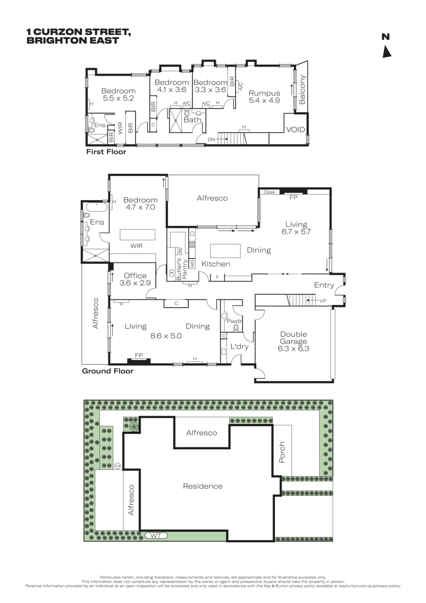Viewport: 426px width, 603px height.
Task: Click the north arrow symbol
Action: pyautogui.click(x=387, y=51)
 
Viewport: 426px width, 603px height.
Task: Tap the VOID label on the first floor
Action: pyautogui.click(x=295, y=129)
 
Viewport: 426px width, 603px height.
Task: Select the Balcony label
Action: pyautogui.click(x=302, y=90)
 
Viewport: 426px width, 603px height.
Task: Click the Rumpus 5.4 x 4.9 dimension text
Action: pyautogui.click(x=264, y=100)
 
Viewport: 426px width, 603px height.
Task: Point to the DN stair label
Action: pyautogui.click(x=211, y=139)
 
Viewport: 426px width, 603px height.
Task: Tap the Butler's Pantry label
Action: pyautogui.click(x=181, y=269)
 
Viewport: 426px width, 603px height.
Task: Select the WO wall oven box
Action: pyautogui.click(x=192, y=264)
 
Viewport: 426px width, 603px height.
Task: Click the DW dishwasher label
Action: pyautogui.click(x=180, y=251)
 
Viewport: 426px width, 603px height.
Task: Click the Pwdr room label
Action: pyautogui.click(x=234, y=321)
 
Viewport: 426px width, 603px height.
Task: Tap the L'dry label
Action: pyautogui.click(x=239, y=347)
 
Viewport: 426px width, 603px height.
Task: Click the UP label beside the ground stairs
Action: pyautogui.click(x=323, y=301)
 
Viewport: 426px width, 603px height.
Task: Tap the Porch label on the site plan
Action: pyautogui.click(x=282, y=452)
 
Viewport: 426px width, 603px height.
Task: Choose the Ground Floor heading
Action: pyautogui.click(x=108, y=371)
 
